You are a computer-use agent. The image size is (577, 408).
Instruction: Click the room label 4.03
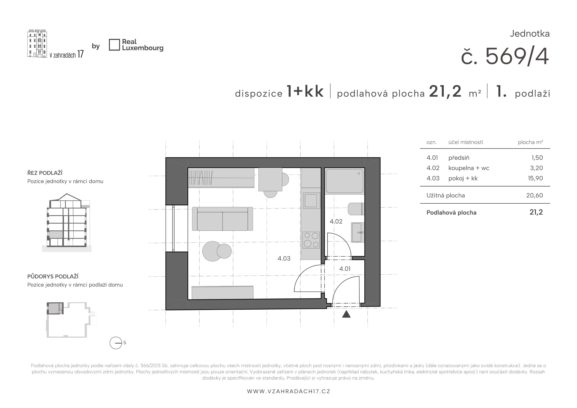tap(284, 258)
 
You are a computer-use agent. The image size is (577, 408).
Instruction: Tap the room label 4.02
tap(336, 221)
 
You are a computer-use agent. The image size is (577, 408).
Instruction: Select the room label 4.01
tap(345, 269)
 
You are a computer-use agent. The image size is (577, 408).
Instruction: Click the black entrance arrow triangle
tap(346, 314)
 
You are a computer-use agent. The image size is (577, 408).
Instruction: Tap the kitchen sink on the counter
tap(312, 201)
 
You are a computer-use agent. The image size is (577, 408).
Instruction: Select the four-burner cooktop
tap(311, 240)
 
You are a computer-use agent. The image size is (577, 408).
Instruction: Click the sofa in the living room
tap(222, 219)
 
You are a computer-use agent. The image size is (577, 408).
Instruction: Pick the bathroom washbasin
tap(357, 233)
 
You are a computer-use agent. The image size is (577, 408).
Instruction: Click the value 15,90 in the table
tap(535, 178)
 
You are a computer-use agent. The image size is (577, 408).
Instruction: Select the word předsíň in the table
tap(459, 158)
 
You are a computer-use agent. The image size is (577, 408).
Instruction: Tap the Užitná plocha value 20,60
tap(535, 195)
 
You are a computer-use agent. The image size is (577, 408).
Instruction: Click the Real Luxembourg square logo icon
tap(114, 45)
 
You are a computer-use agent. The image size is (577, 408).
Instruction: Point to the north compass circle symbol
tap(116, 343)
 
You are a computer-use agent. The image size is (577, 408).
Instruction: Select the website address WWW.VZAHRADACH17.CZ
tap(288, 391)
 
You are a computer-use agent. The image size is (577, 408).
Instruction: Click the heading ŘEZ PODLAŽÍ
tap(45, 173)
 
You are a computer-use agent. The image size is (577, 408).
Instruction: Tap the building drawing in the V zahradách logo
tap(37, 43)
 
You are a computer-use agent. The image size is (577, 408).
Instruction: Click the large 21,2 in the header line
tap(445, 91)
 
